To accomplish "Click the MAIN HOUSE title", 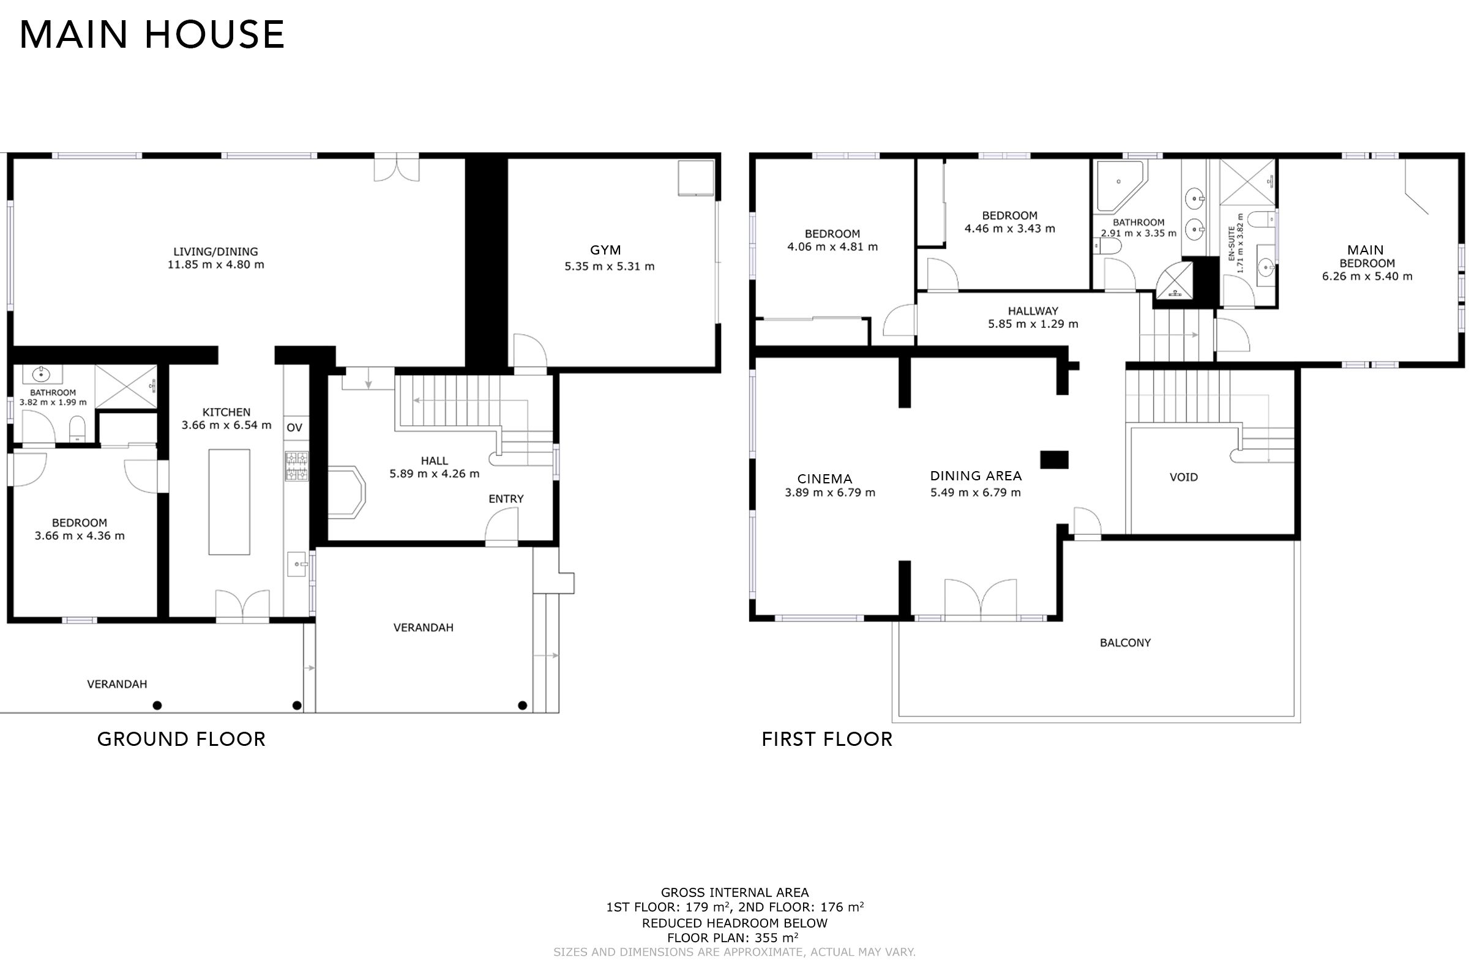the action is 152,34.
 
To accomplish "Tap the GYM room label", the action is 606,250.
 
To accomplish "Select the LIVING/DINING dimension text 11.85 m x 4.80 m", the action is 215,265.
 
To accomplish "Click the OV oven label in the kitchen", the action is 294,428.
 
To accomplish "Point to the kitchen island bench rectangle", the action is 229,501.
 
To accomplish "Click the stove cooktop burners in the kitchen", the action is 297,466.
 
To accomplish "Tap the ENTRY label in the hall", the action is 506,499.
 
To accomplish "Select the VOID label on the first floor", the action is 1184,478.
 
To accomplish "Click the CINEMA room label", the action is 824,479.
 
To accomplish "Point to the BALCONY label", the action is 1125,642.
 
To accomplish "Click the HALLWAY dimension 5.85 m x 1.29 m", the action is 1033,324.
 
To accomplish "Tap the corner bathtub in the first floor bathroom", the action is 1120,186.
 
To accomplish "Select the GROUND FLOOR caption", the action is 182,739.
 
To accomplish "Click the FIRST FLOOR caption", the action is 827,739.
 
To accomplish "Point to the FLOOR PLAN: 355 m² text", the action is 733,937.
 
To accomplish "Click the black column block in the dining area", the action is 1054,460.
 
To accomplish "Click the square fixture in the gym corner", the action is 696,178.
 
